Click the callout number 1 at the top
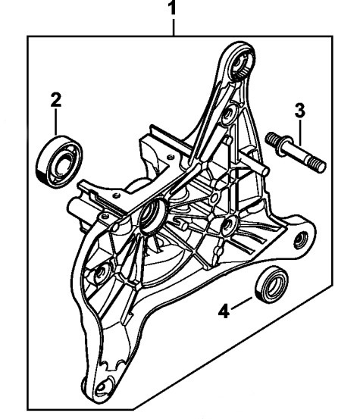click(174, 8)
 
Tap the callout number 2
click(56, 100)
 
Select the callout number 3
click(300, 110)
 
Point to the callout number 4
click(224, 311)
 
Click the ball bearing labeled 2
click(59, 162)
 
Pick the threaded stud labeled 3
click(296, 152)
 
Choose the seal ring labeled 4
click(272, 284)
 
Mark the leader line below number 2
click(56, 122)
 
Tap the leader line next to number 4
click(242, 303)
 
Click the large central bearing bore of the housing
click(152, 213)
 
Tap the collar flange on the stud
click(285, 145)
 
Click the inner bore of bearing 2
click(61, 163)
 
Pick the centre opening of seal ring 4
click(274, 285)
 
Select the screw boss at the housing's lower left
click(100, 273)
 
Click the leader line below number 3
click(300, 133)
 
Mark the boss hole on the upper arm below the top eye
click(228, 114)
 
